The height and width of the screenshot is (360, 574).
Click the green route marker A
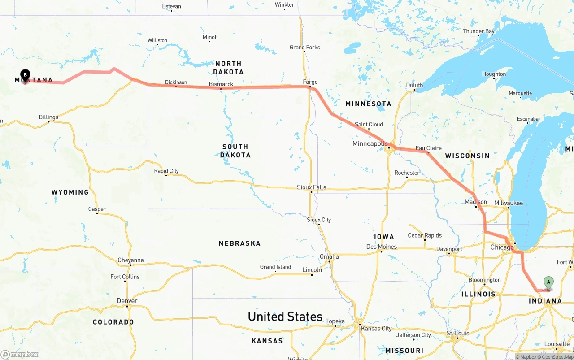pyautogui.click(x=548, y=282)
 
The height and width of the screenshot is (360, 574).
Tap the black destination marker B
pyautogui.click(x=26, y=75)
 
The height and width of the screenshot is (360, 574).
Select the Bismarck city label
pyautogui.click(x=221, y=84)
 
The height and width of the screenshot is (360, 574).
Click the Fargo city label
pyautogui.click(x=310, y=82)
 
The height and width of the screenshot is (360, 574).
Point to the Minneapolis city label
pyautogui.click(x=370, y=144)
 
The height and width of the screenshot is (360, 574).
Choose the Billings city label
pyautogui.click(x=48, y=117)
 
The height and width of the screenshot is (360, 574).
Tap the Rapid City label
pyautogui.click(x=166, y=171)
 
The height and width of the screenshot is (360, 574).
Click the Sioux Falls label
pyautogui.click(x=311, y=187)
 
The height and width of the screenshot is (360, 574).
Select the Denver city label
pyautogui.click(x=126, y=301)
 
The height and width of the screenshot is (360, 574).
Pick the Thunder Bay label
pyautogui.click(x=478, y=31)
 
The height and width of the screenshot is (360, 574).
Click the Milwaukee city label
pyautogui.click(x=509, y=203)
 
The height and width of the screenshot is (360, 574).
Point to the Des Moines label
pyautogui.click(x=381, y=247)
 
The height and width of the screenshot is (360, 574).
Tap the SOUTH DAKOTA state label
pyautogui.click(x=235, y=151)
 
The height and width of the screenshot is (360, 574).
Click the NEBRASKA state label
pyautogui.click(x=239, y=243)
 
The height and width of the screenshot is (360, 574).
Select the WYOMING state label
pyautogui.click(x=70, y=192)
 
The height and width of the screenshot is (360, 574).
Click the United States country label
pyautogui.click(x=285, y=317)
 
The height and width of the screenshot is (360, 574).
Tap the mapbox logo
pyautogui.click(x=20, y=354)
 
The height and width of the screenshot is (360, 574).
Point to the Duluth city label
pyautogui.click(x=414, y=85)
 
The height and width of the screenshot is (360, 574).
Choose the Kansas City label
pyautogui.click(x=377, y=329)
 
